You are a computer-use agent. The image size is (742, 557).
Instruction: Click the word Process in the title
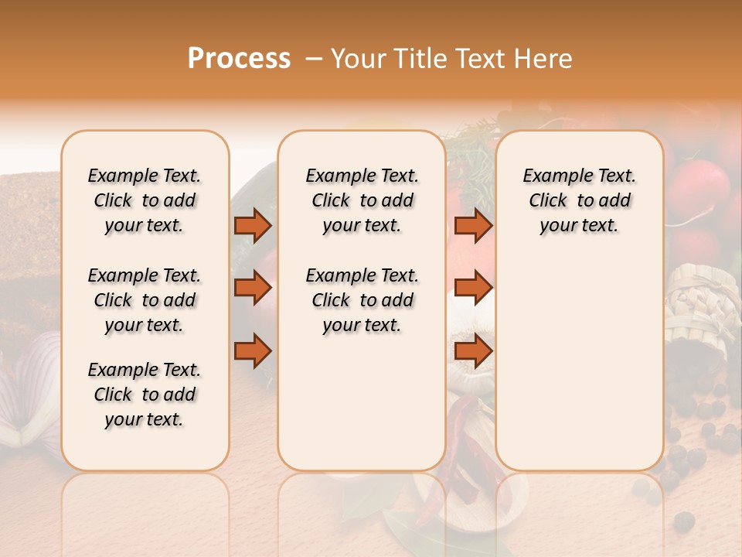(239, 59)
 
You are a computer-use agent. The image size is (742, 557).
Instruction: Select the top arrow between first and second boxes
(253, 225)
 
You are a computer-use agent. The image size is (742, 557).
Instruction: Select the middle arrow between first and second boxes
(253, 289)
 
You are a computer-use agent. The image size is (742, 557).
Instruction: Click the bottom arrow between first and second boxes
(253, 351)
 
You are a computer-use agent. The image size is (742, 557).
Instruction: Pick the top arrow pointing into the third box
(473, 225)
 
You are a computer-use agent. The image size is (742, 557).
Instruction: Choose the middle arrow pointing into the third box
(473, 289)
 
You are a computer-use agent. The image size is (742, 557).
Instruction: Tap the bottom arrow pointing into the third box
(473, 351)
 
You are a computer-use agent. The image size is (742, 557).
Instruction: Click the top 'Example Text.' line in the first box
(145, 176)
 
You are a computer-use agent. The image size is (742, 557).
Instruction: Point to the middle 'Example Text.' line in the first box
(145, 275)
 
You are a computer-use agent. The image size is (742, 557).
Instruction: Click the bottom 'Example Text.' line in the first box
(145, 370)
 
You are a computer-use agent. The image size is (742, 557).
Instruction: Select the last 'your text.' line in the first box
(145, 419)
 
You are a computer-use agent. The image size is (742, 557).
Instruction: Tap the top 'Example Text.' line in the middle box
(362, 176)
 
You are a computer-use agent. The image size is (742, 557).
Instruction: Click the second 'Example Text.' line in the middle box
(362, 275)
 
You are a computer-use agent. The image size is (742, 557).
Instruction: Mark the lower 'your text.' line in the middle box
(362, 325)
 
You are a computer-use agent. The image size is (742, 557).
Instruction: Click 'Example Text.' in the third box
(579, 176)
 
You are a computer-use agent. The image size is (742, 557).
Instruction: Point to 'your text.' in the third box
(579, 225)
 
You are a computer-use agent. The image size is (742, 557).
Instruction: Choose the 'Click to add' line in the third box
(579, 200)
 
